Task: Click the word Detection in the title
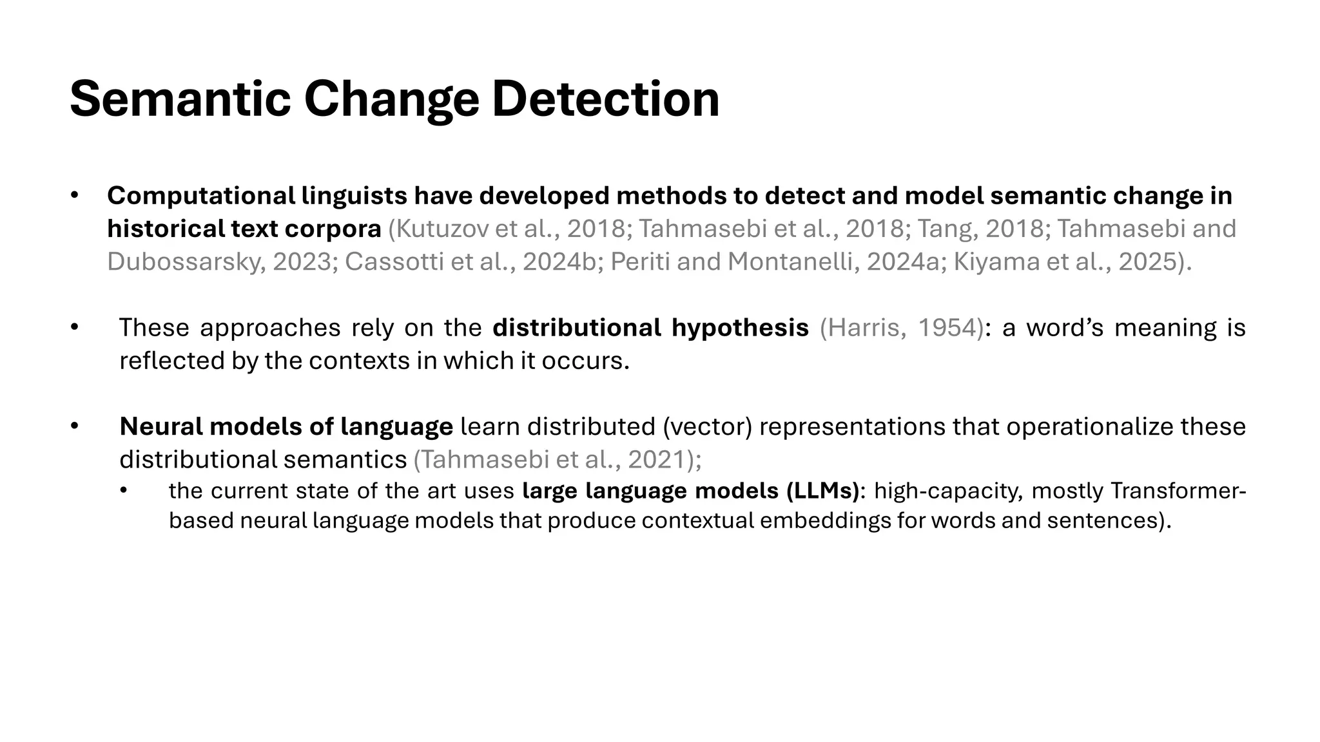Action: [x=605, y=100]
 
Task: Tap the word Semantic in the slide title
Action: [x=180, y=100]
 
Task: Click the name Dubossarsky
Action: [x=186, y=262]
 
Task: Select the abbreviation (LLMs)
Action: [x=823, y=491]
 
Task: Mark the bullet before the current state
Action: [x=124, y=491]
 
